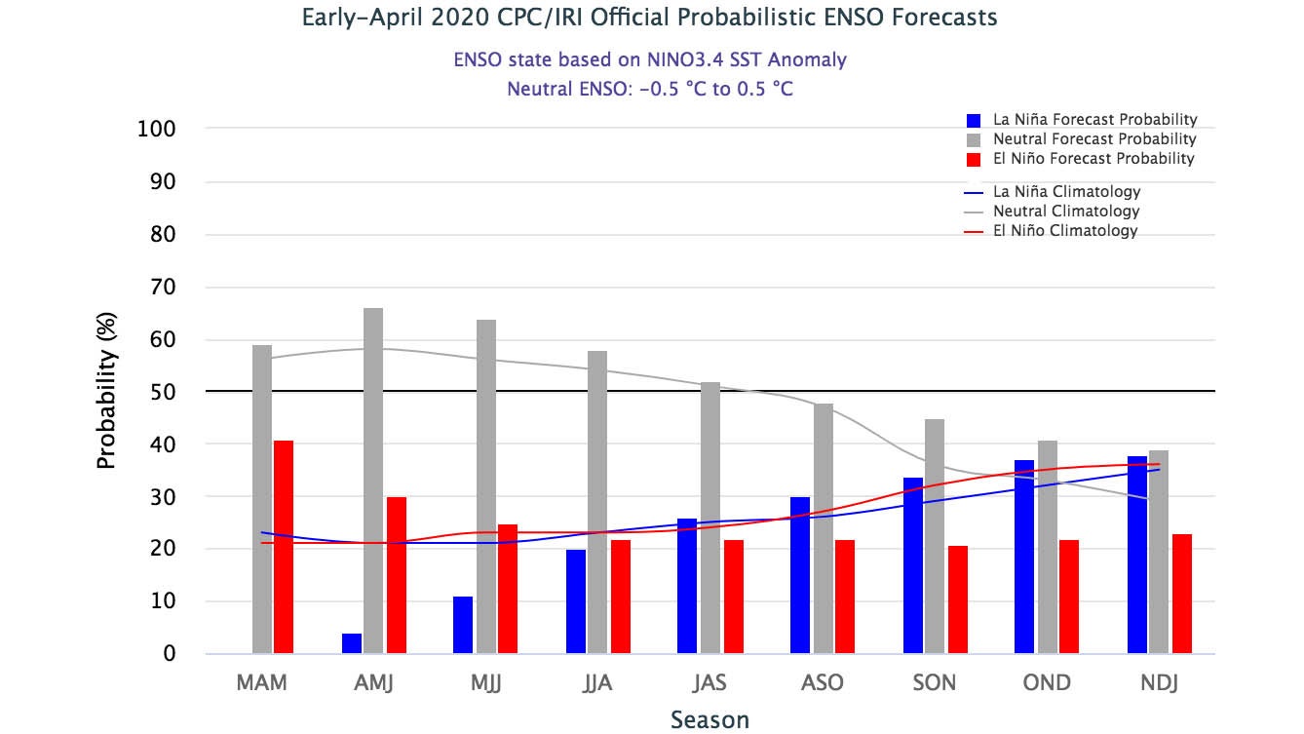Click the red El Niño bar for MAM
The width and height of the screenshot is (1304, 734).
(x=284, y=547)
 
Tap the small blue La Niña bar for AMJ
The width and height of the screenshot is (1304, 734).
(x=352, y=643)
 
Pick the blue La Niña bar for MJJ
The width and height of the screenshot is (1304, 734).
(x=463, y=625)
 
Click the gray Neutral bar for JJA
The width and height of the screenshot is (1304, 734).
(x=597, y=502)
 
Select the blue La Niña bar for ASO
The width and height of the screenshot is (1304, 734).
(x=800, y=575)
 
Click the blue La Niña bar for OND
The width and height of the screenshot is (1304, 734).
(x=1024, y=557)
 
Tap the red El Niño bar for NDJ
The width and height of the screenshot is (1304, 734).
(x=1182, y=594)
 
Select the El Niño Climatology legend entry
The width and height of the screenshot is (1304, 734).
(x=1065, y=231)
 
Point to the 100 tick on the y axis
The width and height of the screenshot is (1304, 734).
(x=156, y=130)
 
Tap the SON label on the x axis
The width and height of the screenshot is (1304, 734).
(x=935, y=682)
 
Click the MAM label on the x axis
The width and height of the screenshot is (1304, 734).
(x=261, y=682)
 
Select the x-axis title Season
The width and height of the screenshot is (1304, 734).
(x=710, y=720)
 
